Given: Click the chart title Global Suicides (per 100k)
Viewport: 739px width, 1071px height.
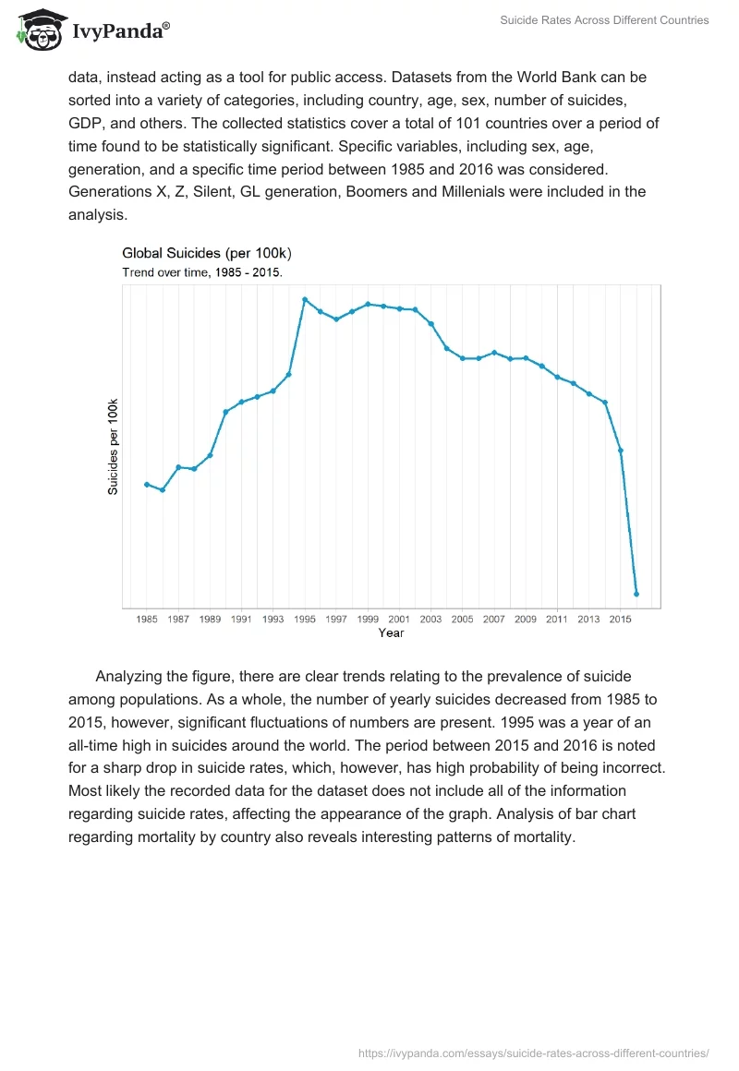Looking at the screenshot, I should [x=207, y=253].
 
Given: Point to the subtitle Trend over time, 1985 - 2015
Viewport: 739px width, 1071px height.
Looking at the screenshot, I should [x=202, y=272].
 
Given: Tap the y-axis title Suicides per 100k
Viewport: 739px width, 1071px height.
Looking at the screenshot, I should [x=113, y=447].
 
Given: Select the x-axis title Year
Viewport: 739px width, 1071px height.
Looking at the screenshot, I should [x=391, y=633].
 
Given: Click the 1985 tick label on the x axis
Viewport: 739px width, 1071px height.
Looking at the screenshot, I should [x=147, y=620].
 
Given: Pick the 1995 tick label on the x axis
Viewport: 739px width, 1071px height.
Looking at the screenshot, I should [x=305, y=620].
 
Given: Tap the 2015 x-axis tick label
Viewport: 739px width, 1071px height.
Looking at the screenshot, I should [x=620, y=620].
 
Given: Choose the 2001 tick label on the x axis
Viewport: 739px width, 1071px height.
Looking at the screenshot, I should [x=399, y=620].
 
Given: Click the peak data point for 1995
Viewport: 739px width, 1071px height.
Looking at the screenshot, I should [x=305, y=299].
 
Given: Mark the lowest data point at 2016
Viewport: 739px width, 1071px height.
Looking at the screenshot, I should [x=636, y=594].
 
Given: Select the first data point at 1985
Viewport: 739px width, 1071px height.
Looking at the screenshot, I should [x=147, y=484].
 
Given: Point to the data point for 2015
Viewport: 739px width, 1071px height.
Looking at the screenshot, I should [x=621, y=451].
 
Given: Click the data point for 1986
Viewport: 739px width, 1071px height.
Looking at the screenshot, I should [x=163, y=489].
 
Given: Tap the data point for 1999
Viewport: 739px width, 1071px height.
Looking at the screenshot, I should [x=368, y=304].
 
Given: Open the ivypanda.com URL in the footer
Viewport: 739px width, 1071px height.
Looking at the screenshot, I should [x=533, y=1053].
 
